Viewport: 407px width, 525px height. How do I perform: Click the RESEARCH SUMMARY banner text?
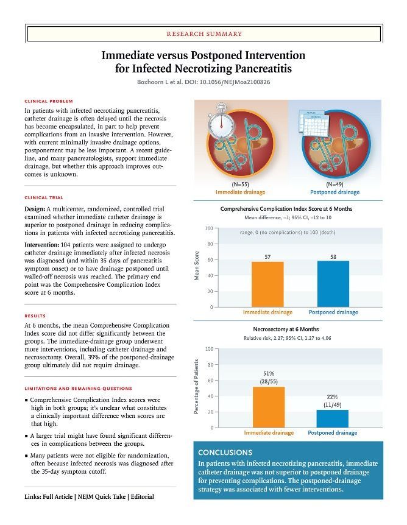click(x=203, y=34)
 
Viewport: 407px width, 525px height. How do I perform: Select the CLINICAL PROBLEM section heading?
click(x=49, y=101)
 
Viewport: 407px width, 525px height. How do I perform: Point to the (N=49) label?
click(x=334, y=184)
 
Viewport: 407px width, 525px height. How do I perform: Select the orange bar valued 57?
click(x=267, y=284)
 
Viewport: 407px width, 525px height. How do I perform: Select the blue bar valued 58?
click(x=333, y=284)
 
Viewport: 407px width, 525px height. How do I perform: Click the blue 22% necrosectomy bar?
click(x=333, y=418)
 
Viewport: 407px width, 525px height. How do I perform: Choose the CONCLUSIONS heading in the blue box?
click(x=225, y=453)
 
